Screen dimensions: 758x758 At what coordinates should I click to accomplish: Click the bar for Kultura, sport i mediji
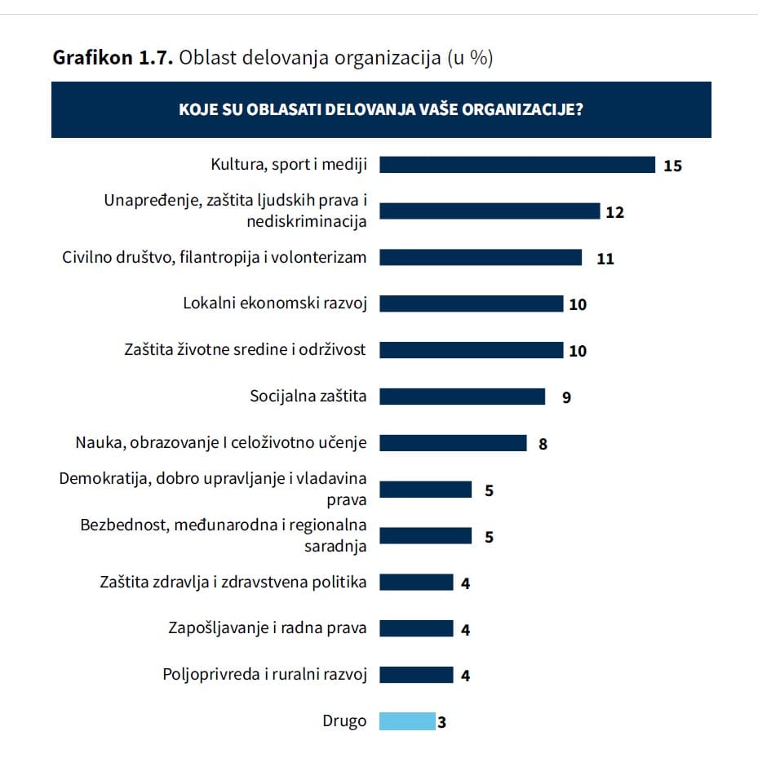(x=517, y=165)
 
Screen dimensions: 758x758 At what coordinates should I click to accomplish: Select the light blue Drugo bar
(x=407, y=721)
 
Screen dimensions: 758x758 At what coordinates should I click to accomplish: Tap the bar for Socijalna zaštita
(x=462, y=397)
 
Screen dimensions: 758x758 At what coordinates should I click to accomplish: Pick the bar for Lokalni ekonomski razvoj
(x=472, y=304)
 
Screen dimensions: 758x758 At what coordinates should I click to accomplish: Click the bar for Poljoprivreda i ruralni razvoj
(x=416, y=675)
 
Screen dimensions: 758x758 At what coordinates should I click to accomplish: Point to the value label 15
(x=672, y=166)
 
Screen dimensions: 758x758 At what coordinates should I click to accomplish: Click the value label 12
(x=614, y=212)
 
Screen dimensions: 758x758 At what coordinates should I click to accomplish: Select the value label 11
(x=605, y=259)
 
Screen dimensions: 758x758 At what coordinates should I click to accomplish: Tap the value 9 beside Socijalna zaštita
(x=565, y=398)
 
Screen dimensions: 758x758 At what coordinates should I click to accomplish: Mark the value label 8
(x=543, y=445)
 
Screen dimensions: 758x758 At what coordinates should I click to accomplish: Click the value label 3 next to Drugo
(x=441, y=722)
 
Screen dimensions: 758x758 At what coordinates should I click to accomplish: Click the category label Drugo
(x=344, y=721)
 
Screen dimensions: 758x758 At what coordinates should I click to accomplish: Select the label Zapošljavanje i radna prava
(x=268, y=628)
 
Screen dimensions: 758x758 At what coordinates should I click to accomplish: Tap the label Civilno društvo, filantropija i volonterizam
(x=215, y=257)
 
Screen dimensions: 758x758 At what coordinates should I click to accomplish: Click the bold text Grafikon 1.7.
(x=112, y=59)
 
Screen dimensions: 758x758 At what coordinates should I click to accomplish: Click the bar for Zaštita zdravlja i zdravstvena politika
(x=416, y=582)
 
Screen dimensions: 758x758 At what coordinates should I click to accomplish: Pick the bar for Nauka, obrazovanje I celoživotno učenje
(x=453, y=443)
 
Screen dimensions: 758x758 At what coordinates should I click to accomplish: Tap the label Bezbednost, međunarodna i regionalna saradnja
(x=223, y=535)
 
